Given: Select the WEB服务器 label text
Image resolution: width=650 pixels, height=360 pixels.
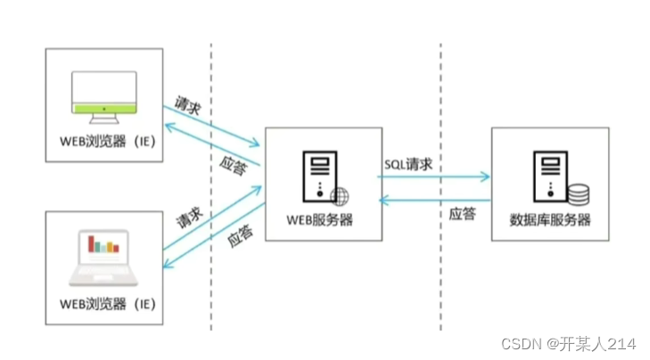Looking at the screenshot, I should point(319,218).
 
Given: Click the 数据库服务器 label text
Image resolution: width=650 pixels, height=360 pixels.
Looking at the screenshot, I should point(550,218).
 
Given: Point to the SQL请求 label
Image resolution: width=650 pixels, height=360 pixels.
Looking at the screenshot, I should point(408,165).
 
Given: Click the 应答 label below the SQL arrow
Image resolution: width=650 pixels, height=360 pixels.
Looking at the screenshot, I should point(462,214).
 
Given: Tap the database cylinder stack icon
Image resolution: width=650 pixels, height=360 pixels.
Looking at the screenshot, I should point(578,193).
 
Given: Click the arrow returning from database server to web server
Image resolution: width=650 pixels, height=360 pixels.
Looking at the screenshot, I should point(434,200).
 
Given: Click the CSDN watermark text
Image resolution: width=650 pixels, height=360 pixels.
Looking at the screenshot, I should point(565,342).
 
